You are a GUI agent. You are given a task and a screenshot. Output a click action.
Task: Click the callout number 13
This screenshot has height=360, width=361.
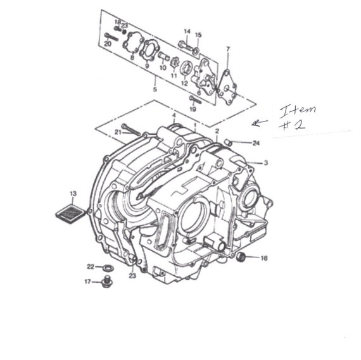(x=73, y=194)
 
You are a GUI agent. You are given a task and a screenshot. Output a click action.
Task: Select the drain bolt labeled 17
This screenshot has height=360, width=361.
(x=106, y=282)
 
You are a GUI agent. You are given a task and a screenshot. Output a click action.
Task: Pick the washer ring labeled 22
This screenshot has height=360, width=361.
(x=108, y=268)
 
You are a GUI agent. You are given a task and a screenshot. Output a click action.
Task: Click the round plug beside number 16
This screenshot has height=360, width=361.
(x=241, y=256)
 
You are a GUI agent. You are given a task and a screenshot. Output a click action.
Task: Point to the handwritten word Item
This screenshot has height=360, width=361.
(x=298, y=111)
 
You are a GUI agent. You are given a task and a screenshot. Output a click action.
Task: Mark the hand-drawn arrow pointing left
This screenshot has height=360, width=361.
(x=260, y=123)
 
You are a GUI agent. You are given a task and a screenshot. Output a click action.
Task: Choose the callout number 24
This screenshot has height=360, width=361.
(x=256, y=143)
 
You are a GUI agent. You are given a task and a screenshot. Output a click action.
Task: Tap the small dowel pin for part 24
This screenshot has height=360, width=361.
(x=227, y=142)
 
